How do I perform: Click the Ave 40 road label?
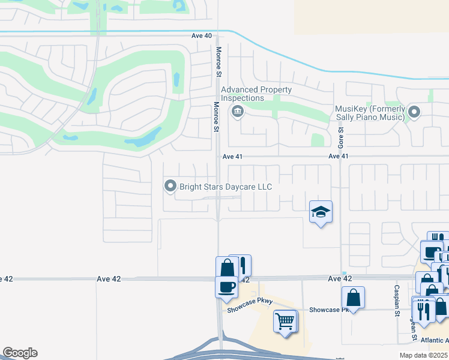click(202, 36)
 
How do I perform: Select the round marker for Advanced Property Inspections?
click(237, 111)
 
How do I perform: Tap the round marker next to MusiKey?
click(414, 112)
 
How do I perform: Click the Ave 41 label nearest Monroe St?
click(232, 157)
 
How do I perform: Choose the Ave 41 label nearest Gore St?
click(339, 157)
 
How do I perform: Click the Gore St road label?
click(341, 138)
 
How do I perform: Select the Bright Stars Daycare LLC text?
click(226, 187)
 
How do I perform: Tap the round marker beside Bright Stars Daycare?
click(170, 187)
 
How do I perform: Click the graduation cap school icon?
click(321, 212)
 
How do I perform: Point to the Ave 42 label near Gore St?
click(339, 279)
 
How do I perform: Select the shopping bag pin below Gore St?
click(353, 297)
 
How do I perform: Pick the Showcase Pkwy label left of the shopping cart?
click(250, 310)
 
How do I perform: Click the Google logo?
click(20, 353)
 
